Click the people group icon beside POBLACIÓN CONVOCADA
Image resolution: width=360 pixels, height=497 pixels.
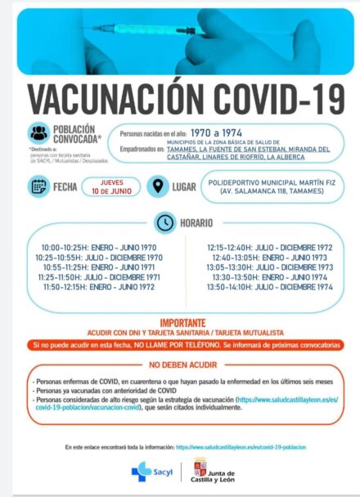(x=38, y=134)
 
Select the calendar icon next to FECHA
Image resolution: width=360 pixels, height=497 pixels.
(x=39, y=186)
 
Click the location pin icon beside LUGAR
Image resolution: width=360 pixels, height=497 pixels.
(x=158, y=186)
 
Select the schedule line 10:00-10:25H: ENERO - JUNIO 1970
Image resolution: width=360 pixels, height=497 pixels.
(x=99, y=246)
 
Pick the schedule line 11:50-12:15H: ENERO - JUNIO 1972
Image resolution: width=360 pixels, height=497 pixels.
(x=99, y=288)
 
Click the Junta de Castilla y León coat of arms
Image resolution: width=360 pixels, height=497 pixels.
(x=199, y=471)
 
